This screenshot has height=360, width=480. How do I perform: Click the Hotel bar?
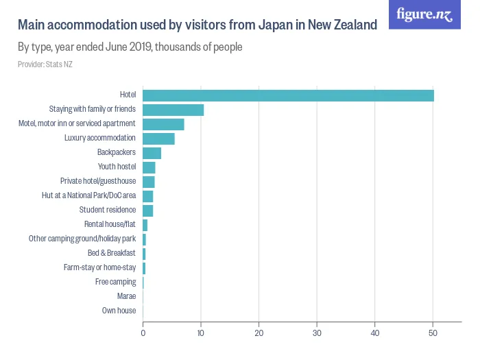pos(288,95)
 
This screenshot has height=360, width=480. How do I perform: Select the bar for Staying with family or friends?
pos(173,110)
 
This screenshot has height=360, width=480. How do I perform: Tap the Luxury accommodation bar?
pos(158,139)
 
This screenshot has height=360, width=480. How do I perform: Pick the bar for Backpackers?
pos(152,153)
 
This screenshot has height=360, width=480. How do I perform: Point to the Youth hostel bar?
pos(149,167)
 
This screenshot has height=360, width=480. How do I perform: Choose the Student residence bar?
pos(147,211)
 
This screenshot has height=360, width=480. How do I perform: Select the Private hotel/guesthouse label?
pos(98,182)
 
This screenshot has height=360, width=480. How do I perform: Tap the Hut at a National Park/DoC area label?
pos(88,196)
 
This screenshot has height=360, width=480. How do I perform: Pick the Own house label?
pos(119,311)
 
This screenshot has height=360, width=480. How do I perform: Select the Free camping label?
pos(115,282)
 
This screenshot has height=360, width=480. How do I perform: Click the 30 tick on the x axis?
pos(317,334)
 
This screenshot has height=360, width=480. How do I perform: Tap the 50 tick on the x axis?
pos(433,334)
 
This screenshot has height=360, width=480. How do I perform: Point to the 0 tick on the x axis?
pos(143,334)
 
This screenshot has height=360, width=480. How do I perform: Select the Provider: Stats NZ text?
pos(45,64)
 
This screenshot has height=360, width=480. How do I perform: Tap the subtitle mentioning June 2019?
pos(130,48)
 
